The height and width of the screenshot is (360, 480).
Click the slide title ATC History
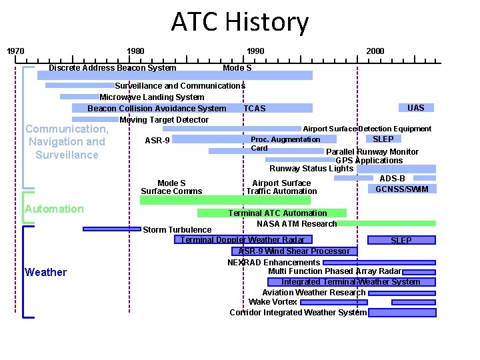click(x=240, y=22)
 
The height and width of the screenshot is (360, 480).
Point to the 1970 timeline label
click(x=15, y=51)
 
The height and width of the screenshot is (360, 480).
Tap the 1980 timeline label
click(x=135, y=51)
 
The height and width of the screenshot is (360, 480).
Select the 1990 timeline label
click(x=255, y=51)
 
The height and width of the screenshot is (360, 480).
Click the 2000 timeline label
click(x=375, y=51)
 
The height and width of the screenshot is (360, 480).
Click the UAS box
click(x=415, y=107)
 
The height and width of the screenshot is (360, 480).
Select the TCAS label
click(x=255, y=109)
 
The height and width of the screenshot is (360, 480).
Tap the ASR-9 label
click(x=157, y=141)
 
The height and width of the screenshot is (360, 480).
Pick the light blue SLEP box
click(x=383, y=139)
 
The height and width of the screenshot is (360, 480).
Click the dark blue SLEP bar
click(x=401, y=240)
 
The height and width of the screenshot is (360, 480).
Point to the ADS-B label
click(x=393, y=179)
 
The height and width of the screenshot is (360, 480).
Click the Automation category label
click(x=54, y=209)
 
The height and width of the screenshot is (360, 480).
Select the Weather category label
click(x=45, y=272)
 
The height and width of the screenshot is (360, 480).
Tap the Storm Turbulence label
click(x=177, y=230)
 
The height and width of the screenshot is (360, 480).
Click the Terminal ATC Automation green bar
click(x=272, y=213)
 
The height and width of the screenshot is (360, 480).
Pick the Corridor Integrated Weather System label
click(x=298, y=313)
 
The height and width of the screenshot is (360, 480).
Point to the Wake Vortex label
click(x=273, y=302)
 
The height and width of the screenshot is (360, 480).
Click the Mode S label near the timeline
click(x=237, y=68)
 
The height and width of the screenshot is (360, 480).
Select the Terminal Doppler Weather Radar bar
click(x=243, y=240)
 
